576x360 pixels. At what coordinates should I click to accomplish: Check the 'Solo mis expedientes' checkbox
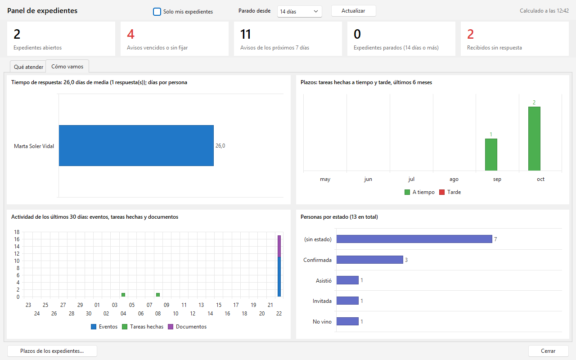click(157, 12)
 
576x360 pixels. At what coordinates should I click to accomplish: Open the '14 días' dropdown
click(299, 12)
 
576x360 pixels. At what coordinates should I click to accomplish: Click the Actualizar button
click(353, 11)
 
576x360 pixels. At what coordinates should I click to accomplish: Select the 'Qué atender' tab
click(28, 67)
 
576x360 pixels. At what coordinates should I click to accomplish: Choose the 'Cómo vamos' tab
click(67, 66)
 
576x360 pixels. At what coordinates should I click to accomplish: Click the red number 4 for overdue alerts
click(130, 34)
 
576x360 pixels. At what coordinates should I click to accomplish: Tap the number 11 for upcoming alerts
click(245, 34)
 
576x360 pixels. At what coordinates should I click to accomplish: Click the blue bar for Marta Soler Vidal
click(136, 145)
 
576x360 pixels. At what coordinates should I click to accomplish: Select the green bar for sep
click(491, 154)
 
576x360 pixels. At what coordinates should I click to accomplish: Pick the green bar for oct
click(534, 139)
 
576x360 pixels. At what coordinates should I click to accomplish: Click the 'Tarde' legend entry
click(450, 192)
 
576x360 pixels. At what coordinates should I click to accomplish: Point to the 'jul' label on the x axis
click(411, 179)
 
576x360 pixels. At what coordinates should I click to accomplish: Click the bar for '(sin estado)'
click(414, 239)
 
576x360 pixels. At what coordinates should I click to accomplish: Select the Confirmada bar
click(370, 260)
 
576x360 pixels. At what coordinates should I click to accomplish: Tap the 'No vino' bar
click(347, 321)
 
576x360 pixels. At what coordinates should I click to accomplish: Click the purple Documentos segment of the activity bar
click(279, 246)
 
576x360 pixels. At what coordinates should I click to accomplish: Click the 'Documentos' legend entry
click(187, 327)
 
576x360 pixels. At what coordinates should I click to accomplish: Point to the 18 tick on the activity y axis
click(17, 232)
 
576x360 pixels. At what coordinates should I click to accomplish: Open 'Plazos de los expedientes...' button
click(52, 351)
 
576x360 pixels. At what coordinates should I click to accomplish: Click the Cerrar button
click(548, 351)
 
